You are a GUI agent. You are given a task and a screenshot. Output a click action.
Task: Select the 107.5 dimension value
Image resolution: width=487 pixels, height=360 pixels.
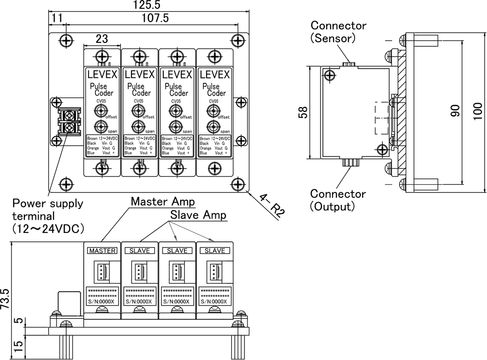pos(151,18)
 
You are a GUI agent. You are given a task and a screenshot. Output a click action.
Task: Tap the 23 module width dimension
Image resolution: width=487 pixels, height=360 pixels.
pos(102,38)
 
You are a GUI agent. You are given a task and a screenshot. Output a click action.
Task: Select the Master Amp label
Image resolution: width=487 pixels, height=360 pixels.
pos(163,201)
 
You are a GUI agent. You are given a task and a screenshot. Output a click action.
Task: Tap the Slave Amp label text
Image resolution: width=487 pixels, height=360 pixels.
pos(198,215)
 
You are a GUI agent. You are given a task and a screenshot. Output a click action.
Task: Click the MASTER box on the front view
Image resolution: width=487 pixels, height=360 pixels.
pos(102,251)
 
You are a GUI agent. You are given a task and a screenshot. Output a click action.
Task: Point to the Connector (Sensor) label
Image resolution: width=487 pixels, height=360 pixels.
pos(338,31)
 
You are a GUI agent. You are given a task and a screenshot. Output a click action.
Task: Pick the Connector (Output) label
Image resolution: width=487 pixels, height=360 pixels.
pos(338,200)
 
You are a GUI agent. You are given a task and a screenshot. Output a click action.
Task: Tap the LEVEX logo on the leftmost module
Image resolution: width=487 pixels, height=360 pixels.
pos(102,75)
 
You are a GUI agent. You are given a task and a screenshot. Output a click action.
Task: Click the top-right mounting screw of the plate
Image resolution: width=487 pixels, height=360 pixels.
pos(237,40)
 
